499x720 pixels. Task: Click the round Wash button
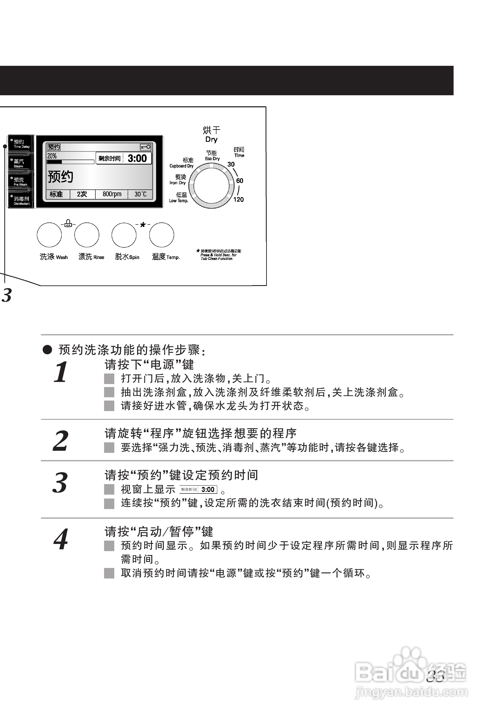[49, 235]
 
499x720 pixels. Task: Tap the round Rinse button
[87, 235]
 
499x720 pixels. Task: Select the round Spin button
[124, 235]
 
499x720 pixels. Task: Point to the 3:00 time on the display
[137, 158]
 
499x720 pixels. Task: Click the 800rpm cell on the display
[112, 194]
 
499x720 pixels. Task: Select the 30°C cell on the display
[140, 194]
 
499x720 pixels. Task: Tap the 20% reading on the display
[52, 156]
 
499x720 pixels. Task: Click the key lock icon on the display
[145, 147]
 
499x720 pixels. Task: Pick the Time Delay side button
[21, 144]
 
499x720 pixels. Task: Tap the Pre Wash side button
[20, 182]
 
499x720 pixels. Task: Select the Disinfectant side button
[21, 200]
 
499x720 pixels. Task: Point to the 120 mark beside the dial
[238, 199]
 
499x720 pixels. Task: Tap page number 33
[435, 676]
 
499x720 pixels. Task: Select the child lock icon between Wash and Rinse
[69, 224]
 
